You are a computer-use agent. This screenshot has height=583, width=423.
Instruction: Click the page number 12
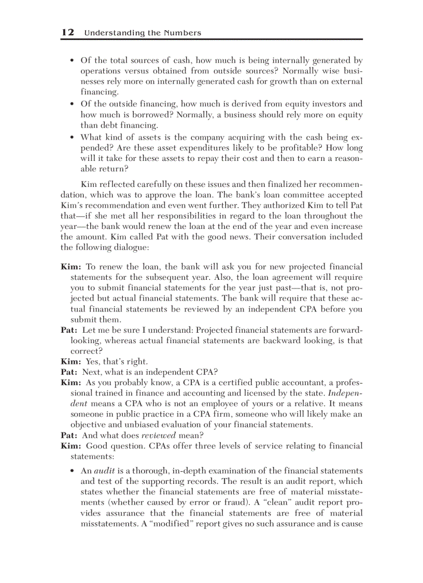pos(67,32)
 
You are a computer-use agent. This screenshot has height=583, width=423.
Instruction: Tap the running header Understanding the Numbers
pos(143,33)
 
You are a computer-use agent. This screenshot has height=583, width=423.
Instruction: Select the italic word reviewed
pos(159,436)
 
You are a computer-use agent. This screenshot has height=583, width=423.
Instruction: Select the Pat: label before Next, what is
pos(69,372)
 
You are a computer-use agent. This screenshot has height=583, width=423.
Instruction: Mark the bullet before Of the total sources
pos(72,61)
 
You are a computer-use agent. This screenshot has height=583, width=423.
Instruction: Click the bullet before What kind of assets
pos(72,138)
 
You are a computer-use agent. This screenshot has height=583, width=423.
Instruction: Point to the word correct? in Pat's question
pos(87,351)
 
